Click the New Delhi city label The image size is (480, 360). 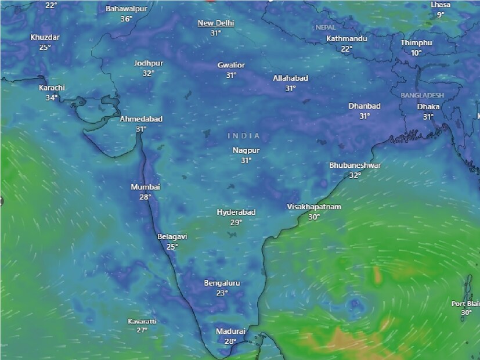click(x=215, y=23)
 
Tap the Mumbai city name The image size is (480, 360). click(x=145, y=187)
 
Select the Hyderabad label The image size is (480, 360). click(x=236, y=212)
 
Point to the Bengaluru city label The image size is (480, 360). click(x=222, y=283)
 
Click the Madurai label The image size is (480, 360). click(x=230, y=331)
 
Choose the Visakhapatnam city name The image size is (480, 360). click(x=314, y=207)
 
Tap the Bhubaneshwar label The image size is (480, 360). click(x=355, y=165)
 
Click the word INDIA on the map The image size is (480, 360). click(x=244, y=135)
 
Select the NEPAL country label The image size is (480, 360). click(x=326, y=27)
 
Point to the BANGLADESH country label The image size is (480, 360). click(x=422, y=95)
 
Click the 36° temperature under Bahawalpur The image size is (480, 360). click(x=126, y=19)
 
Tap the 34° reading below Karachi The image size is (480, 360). click(x=52, y=98)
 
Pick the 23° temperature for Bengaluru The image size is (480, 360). click(x=222, y=293)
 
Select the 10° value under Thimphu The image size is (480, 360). click(x=416, y=53)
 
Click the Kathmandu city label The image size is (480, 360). click(x=347, y=39)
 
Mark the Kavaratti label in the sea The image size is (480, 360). click(x=142, y=321)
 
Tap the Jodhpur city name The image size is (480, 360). click(x=149, y=63)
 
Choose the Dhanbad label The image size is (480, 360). click(x=364, y=106)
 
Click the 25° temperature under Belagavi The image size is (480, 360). click(x=172, y=247)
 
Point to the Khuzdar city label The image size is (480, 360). click(x=45, y=37)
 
